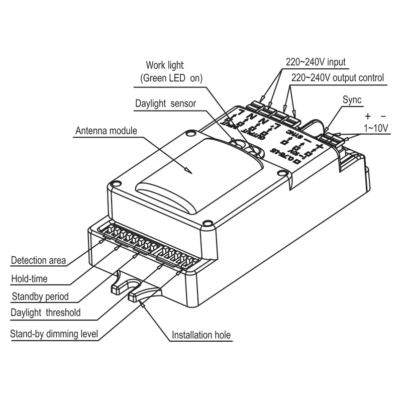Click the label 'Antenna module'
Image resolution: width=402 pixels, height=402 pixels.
106,131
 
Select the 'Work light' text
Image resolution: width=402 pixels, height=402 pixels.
165,65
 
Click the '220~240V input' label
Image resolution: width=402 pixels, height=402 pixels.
315,62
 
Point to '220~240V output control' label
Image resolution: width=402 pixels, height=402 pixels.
338,78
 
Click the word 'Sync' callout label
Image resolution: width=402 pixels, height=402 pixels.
352,100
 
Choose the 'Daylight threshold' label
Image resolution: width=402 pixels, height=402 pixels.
45,313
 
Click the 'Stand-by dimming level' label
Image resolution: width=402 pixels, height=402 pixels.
54,333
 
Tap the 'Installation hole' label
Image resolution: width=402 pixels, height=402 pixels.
201,335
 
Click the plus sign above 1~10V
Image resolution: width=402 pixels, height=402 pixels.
368,115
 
